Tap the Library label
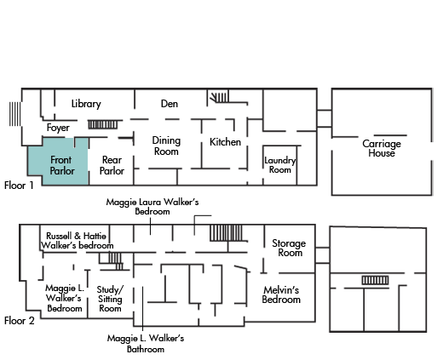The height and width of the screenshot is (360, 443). (x=86, y=104)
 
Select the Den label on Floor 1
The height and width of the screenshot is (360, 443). (x=170, y=104)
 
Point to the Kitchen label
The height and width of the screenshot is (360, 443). (x=225, y=142)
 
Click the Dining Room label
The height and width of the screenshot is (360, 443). (x=166, y=146)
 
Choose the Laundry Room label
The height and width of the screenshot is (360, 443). (x=280, y=165)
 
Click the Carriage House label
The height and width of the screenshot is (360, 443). (x=382, y=148)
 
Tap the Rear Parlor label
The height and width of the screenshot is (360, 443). (x=112, y=165)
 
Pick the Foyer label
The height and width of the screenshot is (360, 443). (x=58, y=128)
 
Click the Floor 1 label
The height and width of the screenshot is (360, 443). (x=19, y=186)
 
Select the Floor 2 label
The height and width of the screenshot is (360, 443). (x=20, y=321)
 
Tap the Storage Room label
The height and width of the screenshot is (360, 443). (x=289, y=248)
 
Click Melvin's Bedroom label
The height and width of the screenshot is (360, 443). (x=281, y=294)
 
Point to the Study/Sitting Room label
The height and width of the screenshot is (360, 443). (x=110, y=299)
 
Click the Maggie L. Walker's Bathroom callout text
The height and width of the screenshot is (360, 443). (x=146, y=344)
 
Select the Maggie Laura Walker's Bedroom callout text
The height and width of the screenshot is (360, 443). (x=152, y=207)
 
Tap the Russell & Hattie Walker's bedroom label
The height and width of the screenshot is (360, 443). (x=77, y=241)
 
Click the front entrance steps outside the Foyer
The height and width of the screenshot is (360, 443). (x=14, y=114)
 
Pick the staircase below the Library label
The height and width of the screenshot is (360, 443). (x=102, y=124)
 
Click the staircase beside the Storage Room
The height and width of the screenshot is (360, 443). (x=226, y=233)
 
